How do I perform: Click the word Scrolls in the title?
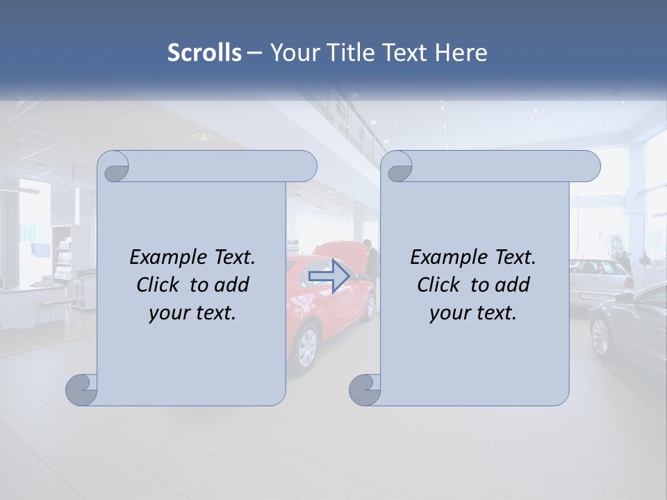point(204,53)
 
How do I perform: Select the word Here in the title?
point(461,53)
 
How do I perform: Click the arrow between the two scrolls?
point(329,276)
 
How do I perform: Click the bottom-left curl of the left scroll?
point(82,390)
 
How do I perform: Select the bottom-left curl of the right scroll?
point(365,390)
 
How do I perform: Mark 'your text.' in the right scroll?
point(473,312)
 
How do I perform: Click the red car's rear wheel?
point(306,347)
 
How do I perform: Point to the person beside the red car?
point(372,260)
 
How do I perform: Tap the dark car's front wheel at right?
point(600,335)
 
